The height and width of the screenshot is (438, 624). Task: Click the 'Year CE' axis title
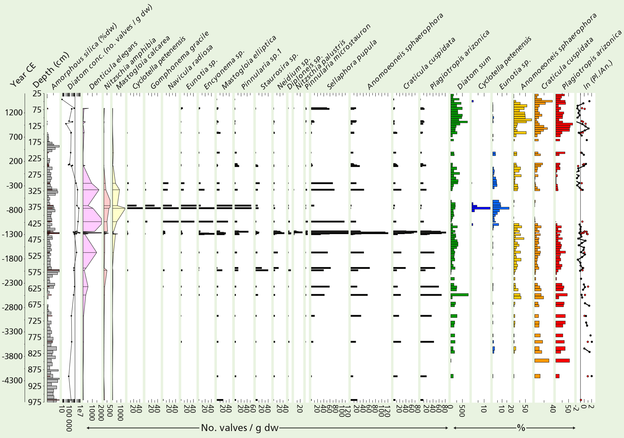23,75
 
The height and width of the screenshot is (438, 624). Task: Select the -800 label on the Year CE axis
14,210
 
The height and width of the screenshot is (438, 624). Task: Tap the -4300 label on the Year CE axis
12,380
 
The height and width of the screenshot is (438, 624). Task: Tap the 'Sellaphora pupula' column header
352,65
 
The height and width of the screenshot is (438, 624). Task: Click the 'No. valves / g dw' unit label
240,428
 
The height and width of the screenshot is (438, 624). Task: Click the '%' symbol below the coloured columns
521,428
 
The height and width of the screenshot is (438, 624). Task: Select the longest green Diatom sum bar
459,295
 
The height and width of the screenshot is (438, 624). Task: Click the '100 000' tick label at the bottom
69,418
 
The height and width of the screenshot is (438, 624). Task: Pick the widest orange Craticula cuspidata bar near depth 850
542,360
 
